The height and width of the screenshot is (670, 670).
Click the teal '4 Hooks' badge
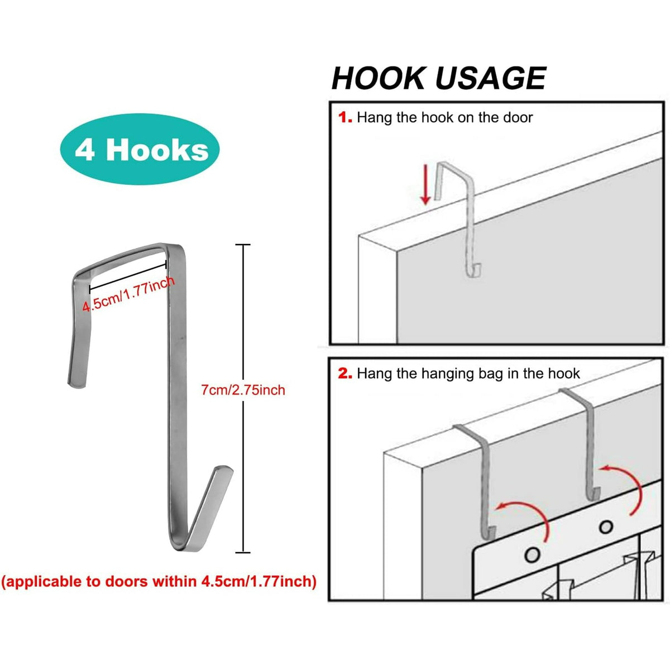click(x=140, y=149)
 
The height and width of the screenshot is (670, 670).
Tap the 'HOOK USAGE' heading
click(x=439, y=78)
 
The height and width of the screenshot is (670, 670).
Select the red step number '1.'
click(x=345, y=118)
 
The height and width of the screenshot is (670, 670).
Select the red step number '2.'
click(x=345, y=374)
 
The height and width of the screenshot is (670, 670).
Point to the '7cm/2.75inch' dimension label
click(x=243, y=390)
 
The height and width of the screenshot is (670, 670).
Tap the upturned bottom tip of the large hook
click(x=224, y=470)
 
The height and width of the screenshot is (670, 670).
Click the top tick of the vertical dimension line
click(x=243, y=245)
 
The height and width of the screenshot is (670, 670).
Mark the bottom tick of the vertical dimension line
click(x=243, y=552)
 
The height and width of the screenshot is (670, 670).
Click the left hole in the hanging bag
click(x=532, y=554)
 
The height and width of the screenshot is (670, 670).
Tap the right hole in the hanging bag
click(x=606, y=527)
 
